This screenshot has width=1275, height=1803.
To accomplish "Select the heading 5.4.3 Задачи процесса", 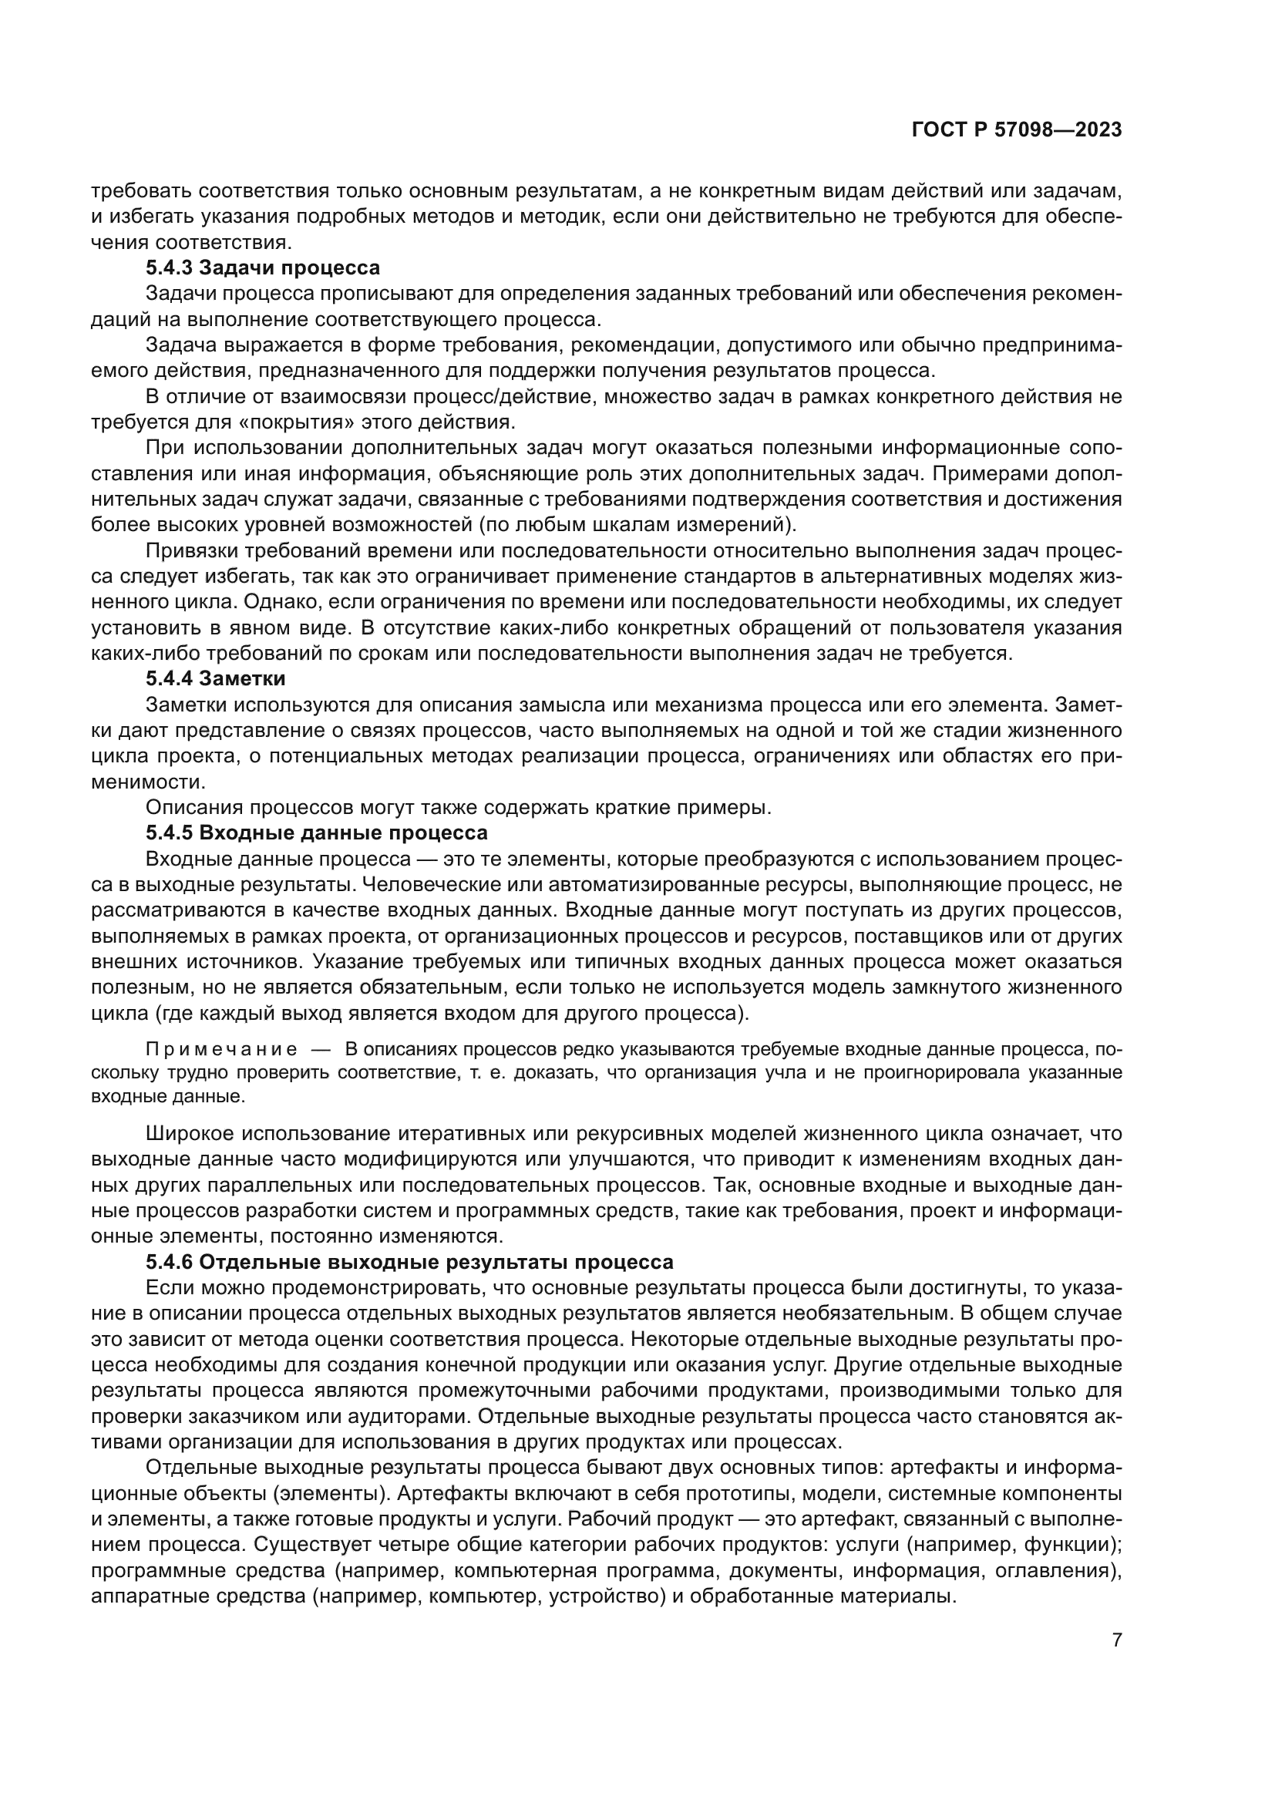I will (262, 267).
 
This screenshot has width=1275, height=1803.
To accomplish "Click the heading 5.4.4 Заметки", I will (215, 678).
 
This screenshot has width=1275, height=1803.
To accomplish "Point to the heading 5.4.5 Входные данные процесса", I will (316, 833).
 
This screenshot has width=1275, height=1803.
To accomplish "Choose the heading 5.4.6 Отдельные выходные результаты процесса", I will (409, 1263).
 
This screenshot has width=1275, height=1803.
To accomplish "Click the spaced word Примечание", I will (221, 1051).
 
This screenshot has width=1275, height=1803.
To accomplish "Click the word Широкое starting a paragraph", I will (190, 1134).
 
